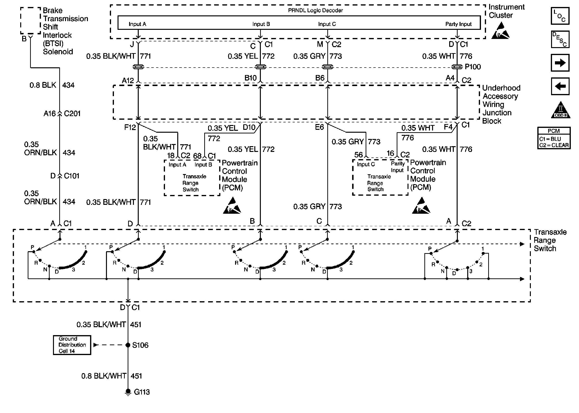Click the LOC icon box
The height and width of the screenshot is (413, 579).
[x=560, y=16]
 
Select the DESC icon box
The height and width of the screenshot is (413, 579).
[x=560, y=39]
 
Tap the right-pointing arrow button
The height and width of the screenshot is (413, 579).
[x=560, y=63]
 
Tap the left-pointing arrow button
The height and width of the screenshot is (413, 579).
[x=560, y=86]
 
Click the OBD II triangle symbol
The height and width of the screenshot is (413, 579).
[x=560, y=110]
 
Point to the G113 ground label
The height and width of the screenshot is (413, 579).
[x=142, y=392]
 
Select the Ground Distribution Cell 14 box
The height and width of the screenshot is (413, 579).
[x=72, y=345]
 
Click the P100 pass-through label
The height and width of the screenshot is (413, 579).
[x=473, y=67]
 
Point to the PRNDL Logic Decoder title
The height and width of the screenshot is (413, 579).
[x=315, y=10]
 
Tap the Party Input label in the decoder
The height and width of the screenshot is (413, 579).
[x=458, y=24]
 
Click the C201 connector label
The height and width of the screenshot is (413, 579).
[x=72, y=113]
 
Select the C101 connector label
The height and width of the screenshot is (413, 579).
[x=72, y=176]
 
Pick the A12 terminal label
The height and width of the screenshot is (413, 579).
[x=128, y=80]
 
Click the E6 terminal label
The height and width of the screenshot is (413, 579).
[x=319, y=127]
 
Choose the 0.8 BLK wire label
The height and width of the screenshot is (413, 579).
[x=43, y=85]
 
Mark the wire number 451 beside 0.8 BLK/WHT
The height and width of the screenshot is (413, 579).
[x=136, y=376]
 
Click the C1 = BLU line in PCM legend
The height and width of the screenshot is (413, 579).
[x=550, y=139]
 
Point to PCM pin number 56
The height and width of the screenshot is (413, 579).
[x=358, y=155]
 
